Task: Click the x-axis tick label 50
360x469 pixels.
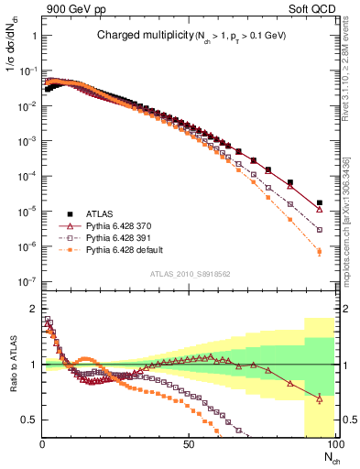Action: pos(188,443)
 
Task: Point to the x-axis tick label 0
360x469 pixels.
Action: pos(42,443)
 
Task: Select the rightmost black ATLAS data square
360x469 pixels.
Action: pos(319,203)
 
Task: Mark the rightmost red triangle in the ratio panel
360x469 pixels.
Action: pos(319,398)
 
